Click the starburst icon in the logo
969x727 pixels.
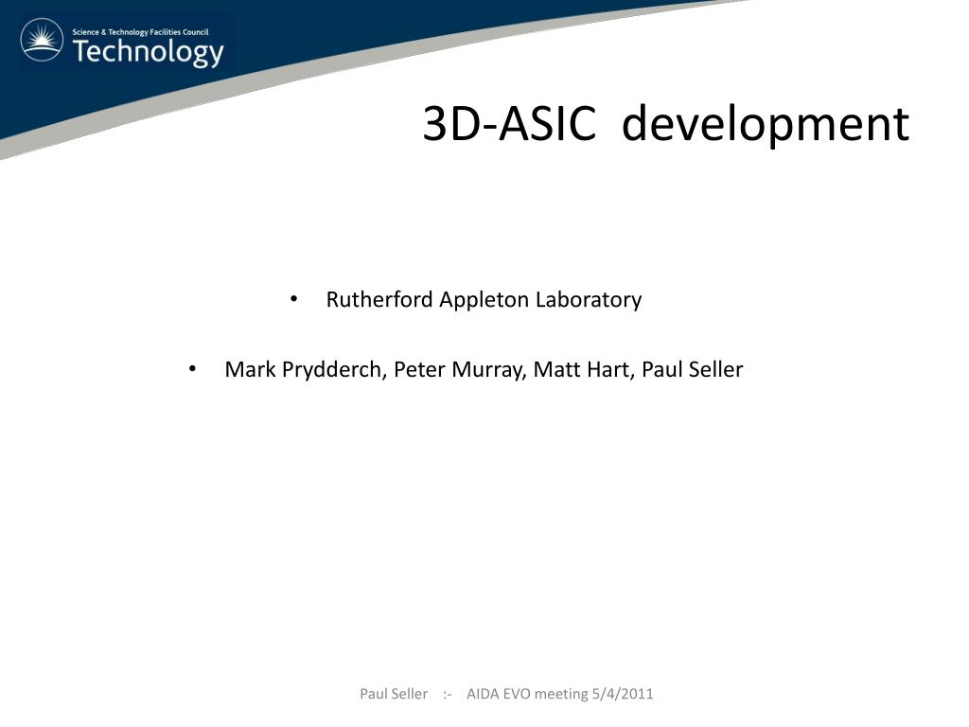(42, 40)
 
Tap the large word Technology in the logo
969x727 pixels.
(148, 52)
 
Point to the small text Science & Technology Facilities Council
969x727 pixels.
(140, 32)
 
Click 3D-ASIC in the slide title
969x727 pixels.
(509, 124)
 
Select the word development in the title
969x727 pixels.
(765, 124)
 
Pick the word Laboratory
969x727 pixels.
(589, 300)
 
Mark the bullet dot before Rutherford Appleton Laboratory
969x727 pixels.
(294, 299)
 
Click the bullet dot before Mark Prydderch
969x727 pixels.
(193, 369)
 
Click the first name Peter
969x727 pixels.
(416, 370)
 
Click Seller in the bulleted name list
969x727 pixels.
(716, 370)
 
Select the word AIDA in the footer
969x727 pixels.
(484, 694)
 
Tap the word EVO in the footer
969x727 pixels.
(518, 694)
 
